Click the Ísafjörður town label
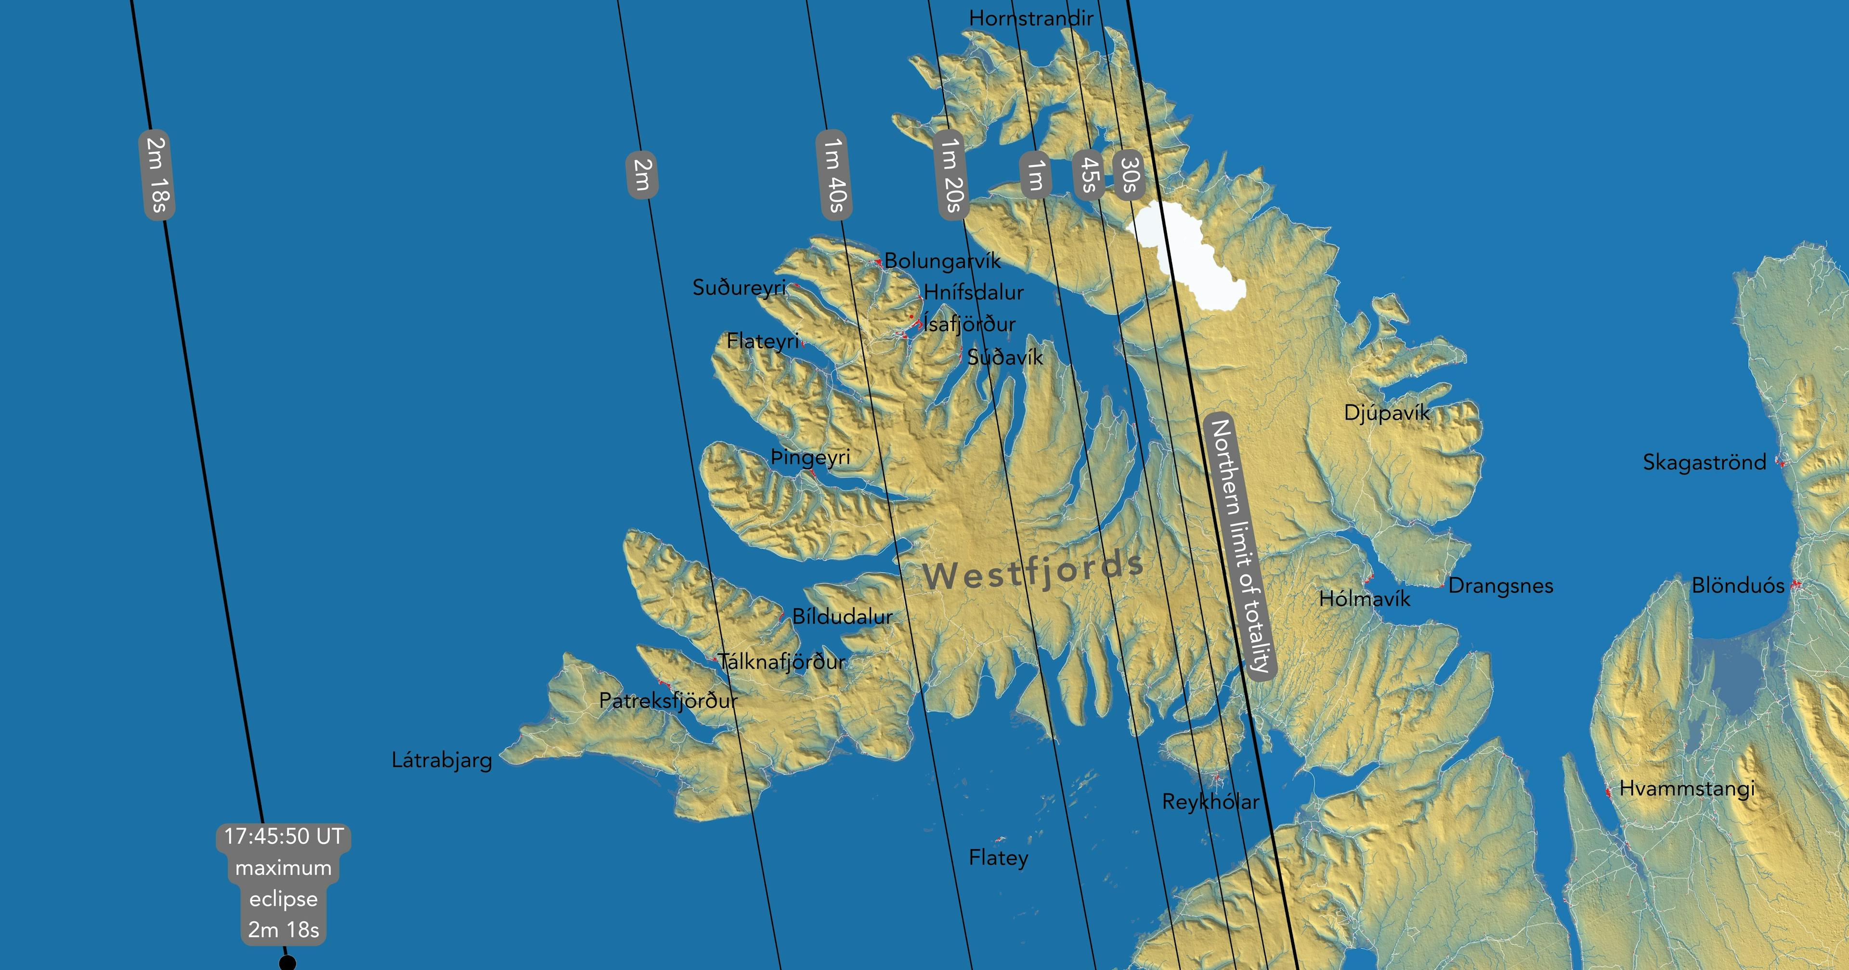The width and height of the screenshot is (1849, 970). click(x=969, y=324)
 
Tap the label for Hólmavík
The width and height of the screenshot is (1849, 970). click(x=1365, y=599)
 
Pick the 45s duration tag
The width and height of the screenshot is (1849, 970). click(x=1087, y=175)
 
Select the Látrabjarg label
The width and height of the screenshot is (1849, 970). click(x=442, y=760)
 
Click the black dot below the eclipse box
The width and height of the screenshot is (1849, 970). click(x=287, y=963)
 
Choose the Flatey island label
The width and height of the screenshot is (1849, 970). click(x=999, y=858)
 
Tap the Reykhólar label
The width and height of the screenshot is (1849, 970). click(x=1210, y=802)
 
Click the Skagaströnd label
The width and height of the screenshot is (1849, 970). click(x=1704, y=462)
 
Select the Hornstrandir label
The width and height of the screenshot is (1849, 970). click(x=1031, y=18)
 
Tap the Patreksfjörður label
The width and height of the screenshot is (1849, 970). click(x=667, y=700)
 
